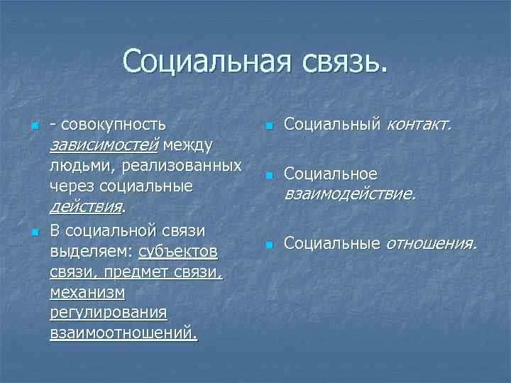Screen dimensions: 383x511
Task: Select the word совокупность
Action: click(114, 124)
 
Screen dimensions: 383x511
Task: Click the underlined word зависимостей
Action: click(104, 145)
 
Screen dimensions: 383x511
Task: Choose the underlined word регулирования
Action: click(109, 313)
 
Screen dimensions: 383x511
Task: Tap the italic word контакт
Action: click(418, 125)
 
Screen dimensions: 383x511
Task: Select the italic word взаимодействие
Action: click(350, 194)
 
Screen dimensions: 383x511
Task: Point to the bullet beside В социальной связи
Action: click(34, 232)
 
